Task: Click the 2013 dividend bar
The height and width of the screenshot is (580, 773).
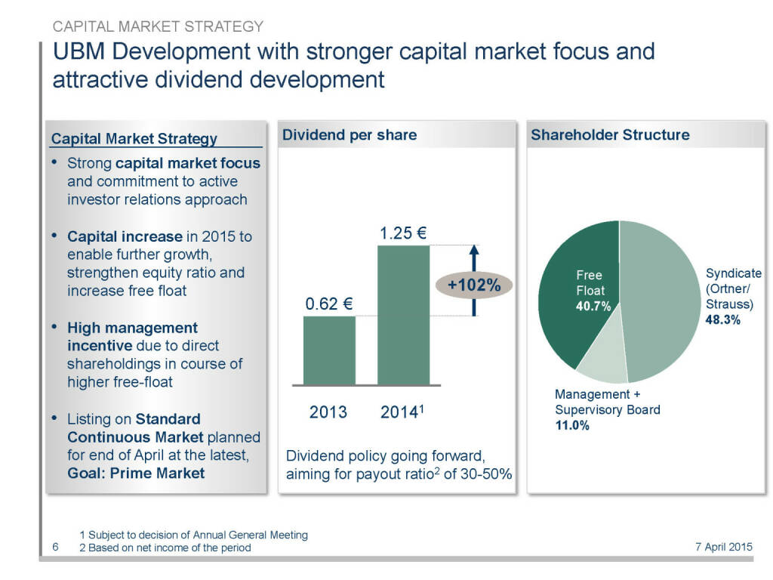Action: (329, 350)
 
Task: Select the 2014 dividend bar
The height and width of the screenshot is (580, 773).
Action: (403, 315)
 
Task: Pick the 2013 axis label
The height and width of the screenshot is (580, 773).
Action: (328, 412)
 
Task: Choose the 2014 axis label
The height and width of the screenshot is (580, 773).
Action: (402, 412)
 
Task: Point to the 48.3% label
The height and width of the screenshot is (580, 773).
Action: (723, 320)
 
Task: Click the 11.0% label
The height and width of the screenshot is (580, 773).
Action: (571, 425)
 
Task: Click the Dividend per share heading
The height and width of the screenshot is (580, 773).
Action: (349, 135)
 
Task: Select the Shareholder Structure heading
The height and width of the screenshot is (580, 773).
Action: (610, 135)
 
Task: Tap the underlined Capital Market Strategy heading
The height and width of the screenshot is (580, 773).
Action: (134, 138)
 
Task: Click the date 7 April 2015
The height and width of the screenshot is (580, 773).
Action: (723, 548)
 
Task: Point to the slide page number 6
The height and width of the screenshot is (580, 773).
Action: (56, 547)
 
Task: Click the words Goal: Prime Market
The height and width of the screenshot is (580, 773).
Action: (136, 474)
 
